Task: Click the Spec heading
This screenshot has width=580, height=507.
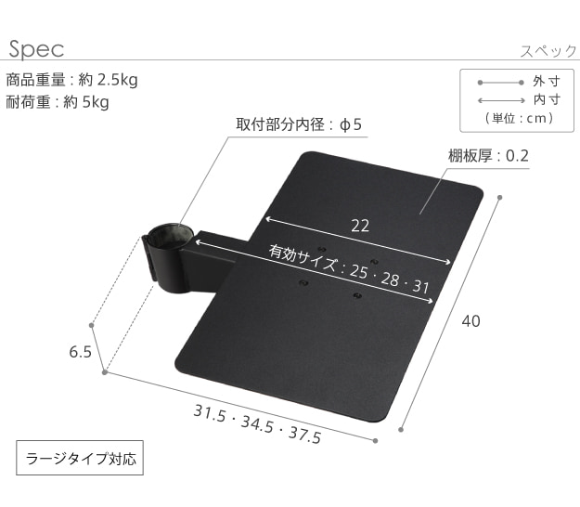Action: coord(36,49)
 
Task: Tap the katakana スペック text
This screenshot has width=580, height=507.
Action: coord(548,51)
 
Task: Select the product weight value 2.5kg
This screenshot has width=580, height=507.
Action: coord(117,80)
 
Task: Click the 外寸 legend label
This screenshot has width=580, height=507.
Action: coord(547,82)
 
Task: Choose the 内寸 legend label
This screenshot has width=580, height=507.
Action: coord(547,99)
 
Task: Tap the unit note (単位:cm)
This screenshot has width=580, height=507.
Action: coord(520,119)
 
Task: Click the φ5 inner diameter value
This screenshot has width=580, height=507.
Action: coord(351,124)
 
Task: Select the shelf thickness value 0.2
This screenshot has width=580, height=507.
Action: coord(517,156)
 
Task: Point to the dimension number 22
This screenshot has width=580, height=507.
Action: coord(360,226)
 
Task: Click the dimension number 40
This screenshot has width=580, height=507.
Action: coord(470,321)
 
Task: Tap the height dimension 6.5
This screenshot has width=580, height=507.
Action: coord(80,352)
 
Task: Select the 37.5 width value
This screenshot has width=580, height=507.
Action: coord(304,434)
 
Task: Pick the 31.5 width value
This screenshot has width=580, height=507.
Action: coord(210,413)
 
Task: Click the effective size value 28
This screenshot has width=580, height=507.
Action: coord(391,279)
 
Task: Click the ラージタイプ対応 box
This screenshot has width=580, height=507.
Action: coord(80,458)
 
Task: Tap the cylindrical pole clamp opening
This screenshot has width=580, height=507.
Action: coord(171,234)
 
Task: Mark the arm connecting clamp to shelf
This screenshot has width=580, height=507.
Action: coord(214,259)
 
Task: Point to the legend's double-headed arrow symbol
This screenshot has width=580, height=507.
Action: coord(501,100)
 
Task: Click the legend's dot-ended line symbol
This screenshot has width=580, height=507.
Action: coord(501,83)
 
